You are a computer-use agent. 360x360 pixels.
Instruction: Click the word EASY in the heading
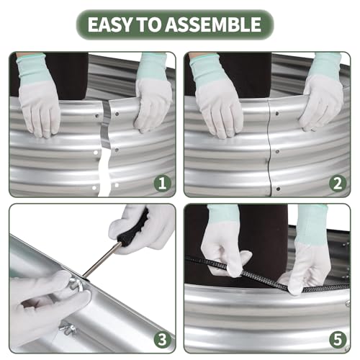[x=109, y=24]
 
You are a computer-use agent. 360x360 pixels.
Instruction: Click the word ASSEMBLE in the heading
[x=213, y=24]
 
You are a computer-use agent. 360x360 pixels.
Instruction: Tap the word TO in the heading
[x=149, y=24]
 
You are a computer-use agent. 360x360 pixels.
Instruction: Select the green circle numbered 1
[x=163, y=184]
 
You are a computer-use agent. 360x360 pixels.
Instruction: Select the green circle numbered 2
[x=338, y=184]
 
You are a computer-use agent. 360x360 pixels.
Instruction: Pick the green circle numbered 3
[x=163, y=340]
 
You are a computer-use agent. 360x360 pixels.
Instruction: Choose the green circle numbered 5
[x=338, y=340]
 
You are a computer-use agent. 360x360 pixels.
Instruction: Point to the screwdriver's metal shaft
[x=102, y=260]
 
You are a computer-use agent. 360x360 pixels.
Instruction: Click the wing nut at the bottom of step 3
[x=68, y=329]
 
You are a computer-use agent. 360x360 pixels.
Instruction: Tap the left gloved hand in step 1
[x=39, y=96]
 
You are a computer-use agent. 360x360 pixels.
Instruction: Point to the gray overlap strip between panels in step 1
[x=105, y=125]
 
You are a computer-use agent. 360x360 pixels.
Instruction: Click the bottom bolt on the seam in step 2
[x=278, y=189]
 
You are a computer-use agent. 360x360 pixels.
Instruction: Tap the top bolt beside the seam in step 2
[x=277, y=114]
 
